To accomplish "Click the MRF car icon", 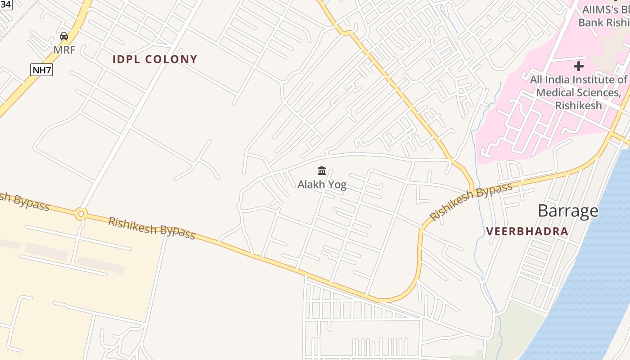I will tap(64, 36).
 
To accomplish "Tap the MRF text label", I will tap(64, 49).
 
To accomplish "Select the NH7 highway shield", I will tap(41, 70).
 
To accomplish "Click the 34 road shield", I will tap(6, 4).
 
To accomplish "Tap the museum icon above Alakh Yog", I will tap(322, 171).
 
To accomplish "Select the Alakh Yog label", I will tap(322, 184).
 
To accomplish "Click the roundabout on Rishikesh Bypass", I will tap(81, 214).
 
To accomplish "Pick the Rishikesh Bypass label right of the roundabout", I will tap(152, 228).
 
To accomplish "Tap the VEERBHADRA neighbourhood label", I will tap(527, 232).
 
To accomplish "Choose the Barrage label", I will tap(568, 211).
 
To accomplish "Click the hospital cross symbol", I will tap(579, 67).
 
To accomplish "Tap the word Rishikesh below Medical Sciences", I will tap(578, 105).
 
